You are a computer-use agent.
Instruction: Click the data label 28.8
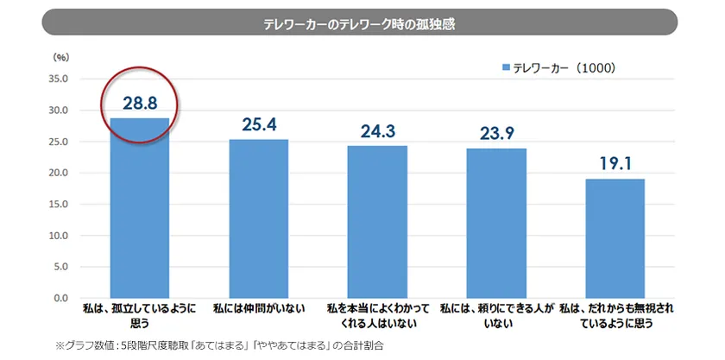pos(140,102)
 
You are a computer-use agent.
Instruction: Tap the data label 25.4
pos(258,124)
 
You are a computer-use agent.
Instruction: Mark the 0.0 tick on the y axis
pos(60,297)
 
